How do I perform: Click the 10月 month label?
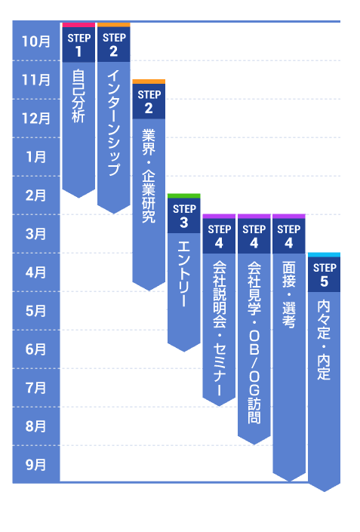pyautogui.click(x=35, y=42)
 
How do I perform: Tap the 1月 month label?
pyautogui.click(x=35, y=157)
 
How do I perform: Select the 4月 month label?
pyautogui.click(x=35, y=272)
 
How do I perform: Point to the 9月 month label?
pyautogui.click(x=35, y=464)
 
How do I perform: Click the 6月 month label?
pyautogui.click(x=35, y=349)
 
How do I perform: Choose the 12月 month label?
pyautogui.click(x=35, y=118)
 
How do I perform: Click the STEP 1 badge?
pyautogui.click(x=78, y=45)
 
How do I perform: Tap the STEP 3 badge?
pyautogui.click(x=183, y=216)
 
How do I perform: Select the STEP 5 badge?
pyautogui.click(x=324, y=275)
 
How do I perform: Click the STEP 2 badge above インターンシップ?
pyautogui.click(x=113, y=45)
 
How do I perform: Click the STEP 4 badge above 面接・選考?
pyautogui.click(x=288, y=236)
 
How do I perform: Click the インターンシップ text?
pyautogui.click(x=113, y=124)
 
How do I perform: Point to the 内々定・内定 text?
pyautogui.click(x=324, y=340)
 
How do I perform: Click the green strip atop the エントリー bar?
pyautogui.click(x=183, y=195)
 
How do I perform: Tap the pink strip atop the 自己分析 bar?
pyautogui.click(x=78, y=24)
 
